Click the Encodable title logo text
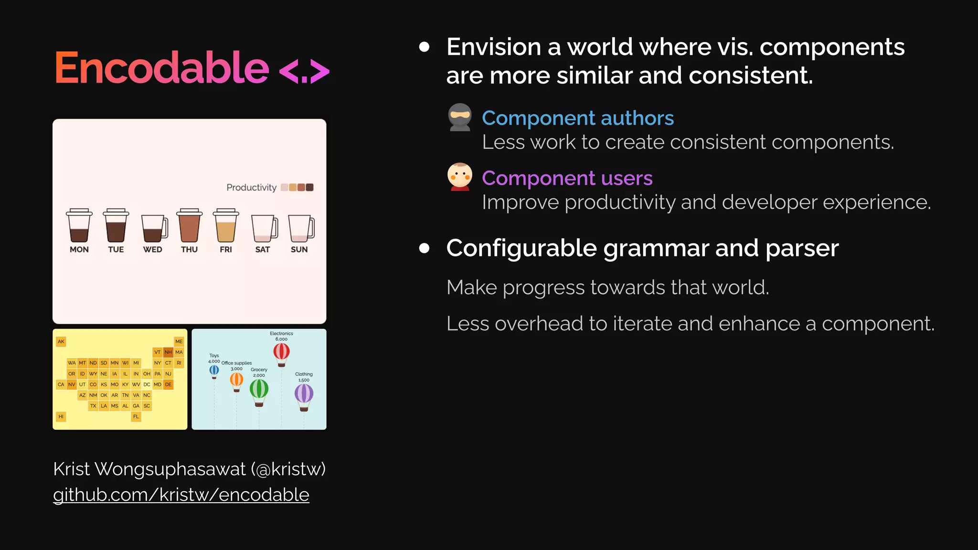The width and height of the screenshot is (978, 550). pyautogui.click(x=162, y=68)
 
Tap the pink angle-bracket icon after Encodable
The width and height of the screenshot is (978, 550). pyautogui.click(x=304, y=72)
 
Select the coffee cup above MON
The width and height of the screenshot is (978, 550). pyautogui.click(x=79, y=225)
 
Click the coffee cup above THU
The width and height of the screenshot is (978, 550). pyautogui.click(x=189, y=225)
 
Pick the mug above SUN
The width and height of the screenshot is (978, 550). pyautogui.click(x=301, y=228)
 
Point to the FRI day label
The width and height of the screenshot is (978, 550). pyautogui.click(x=226, y=249)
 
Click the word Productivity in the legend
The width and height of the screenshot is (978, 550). pyautogui.click(x=251, y=187)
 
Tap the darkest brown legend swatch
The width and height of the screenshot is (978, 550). pyautogui.click(x=309, y=187)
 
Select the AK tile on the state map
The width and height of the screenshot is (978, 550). pyautogui.click(x=61, y=341)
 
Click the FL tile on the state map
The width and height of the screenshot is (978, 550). pyautogui.click(x=136, y=416)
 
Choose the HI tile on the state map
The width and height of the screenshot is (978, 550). pyautogui.click(x=61, y=416)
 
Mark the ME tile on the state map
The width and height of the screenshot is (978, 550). pyautogui.click(x=179, y=341)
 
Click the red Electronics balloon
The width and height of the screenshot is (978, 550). pyautogui.click(x=281, y=352)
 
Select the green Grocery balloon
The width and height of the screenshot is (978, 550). pyautogui.click(x=259, y=390)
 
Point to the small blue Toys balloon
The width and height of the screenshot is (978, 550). pyautogui.click(x=214, y=370)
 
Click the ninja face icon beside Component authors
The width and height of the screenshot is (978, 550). pyautogui.click(x=460, y=117)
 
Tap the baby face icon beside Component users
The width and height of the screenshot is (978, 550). pyautogui.click(x=460, y=177)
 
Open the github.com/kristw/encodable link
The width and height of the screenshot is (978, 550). pyautogui.click(x=181, y=495)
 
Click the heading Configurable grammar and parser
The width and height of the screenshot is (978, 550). pyautogui.click(x=642, y=248)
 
